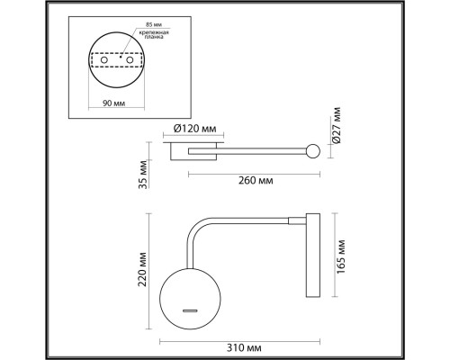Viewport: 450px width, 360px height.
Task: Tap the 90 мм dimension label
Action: [114, 103]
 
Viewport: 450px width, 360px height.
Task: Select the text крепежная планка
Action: [154, 37]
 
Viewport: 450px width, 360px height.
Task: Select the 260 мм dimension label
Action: [257, 181]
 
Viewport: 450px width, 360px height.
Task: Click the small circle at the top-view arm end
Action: [312, 151]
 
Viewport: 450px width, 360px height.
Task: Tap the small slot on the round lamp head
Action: [192, 310]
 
